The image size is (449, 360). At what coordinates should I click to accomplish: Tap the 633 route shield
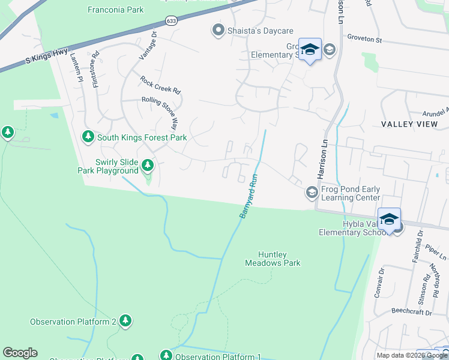pyautogui.click(x=172, y=21)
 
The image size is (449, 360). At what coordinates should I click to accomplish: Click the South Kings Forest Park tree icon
pyautogui.click(x=88, y=137)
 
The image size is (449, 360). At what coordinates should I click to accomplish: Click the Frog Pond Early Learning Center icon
pyautogui.click(x=312, y=193)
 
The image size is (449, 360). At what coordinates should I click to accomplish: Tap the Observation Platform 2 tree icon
pyautogui.click(x=125, y=321)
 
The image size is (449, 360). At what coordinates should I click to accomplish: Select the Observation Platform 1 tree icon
pyautogui.click(x=166, y=356)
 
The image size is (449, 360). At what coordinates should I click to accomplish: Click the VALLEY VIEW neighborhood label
pyautogui.click(x=409, y=124)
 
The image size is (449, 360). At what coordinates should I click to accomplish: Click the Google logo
pyautogui.click(x=20, y=353)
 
